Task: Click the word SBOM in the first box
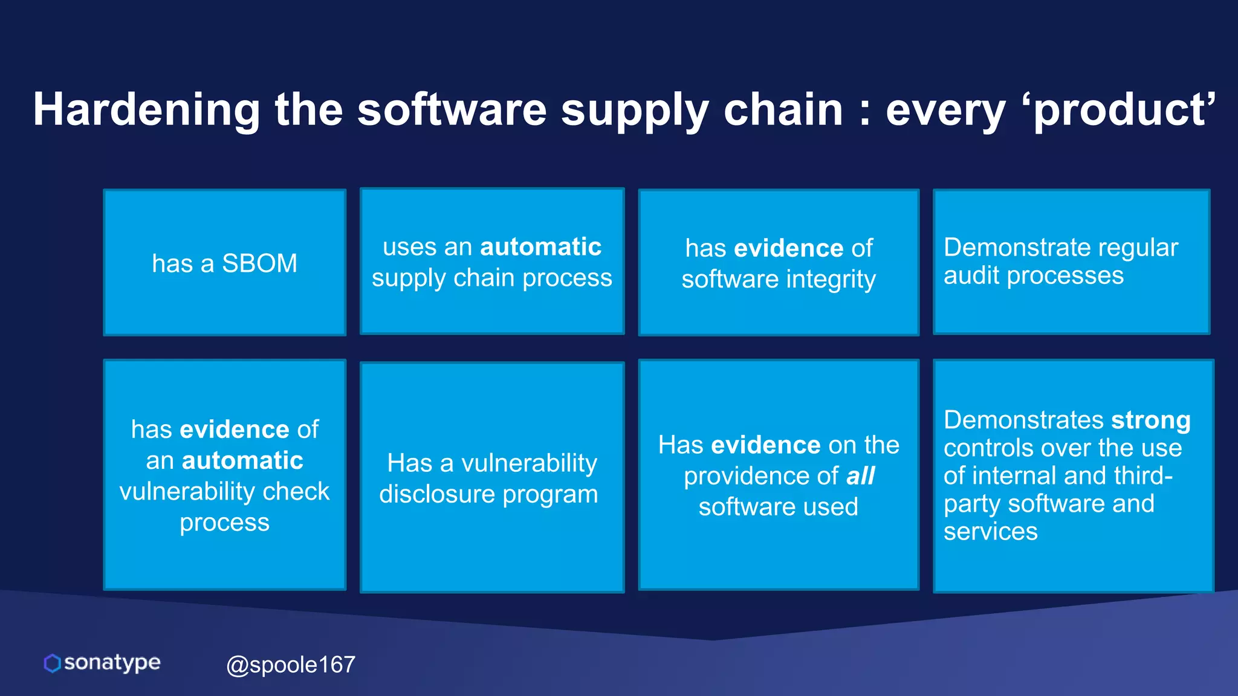point(259,264)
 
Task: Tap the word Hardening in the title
point(146,110)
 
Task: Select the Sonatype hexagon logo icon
point(53,663)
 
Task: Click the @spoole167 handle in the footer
point(290,665)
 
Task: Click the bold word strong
point(1151,420)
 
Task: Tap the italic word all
point(860,476)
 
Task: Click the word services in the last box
point(990,532)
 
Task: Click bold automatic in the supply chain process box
point(540,247)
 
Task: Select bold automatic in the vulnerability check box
point(242,461)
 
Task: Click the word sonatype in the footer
point(112,663)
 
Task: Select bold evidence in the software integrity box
point(788,248)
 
